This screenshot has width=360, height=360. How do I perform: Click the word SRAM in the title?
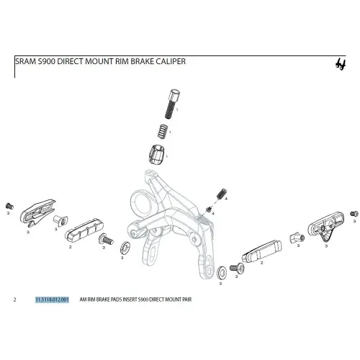click(x=26, y=61)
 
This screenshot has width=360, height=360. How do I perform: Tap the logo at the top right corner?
click(x=341, y=64)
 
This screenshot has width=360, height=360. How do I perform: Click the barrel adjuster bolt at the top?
click(x=173, y=104)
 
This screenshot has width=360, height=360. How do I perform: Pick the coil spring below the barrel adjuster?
click(x=163, y=131)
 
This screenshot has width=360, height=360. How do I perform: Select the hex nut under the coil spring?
click(x=156, y=154)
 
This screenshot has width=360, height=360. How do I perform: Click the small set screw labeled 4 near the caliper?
click(x=222, y=194)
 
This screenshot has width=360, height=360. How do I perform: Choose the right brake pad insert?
click(x=261, y=251)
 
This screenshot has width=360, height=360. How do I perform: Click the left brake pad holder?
click(x=37, y=212)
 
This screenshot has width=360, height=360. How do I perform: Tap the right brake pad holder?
click(x=326, y=225)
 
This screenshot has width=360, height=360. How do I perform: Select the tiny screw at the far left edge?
click(x=9, y=206)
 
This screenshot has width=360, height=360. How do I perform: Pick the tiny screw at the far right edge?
click(x=354, y=214)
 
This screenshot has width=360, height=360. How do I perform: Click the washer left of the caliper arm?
click(x=125, y=248)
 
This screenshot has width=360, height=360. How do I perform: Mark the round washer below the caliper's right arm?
click(x=222, y=273)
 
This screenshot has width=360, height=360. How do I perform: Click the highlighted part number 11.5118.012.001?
click(x=52, y=300)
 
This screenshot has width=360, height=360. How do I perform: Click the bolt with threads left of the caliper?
click(x=106, y=239)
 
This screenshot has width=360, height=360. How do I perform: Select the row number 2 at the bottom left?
click(x=15, y=300)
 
